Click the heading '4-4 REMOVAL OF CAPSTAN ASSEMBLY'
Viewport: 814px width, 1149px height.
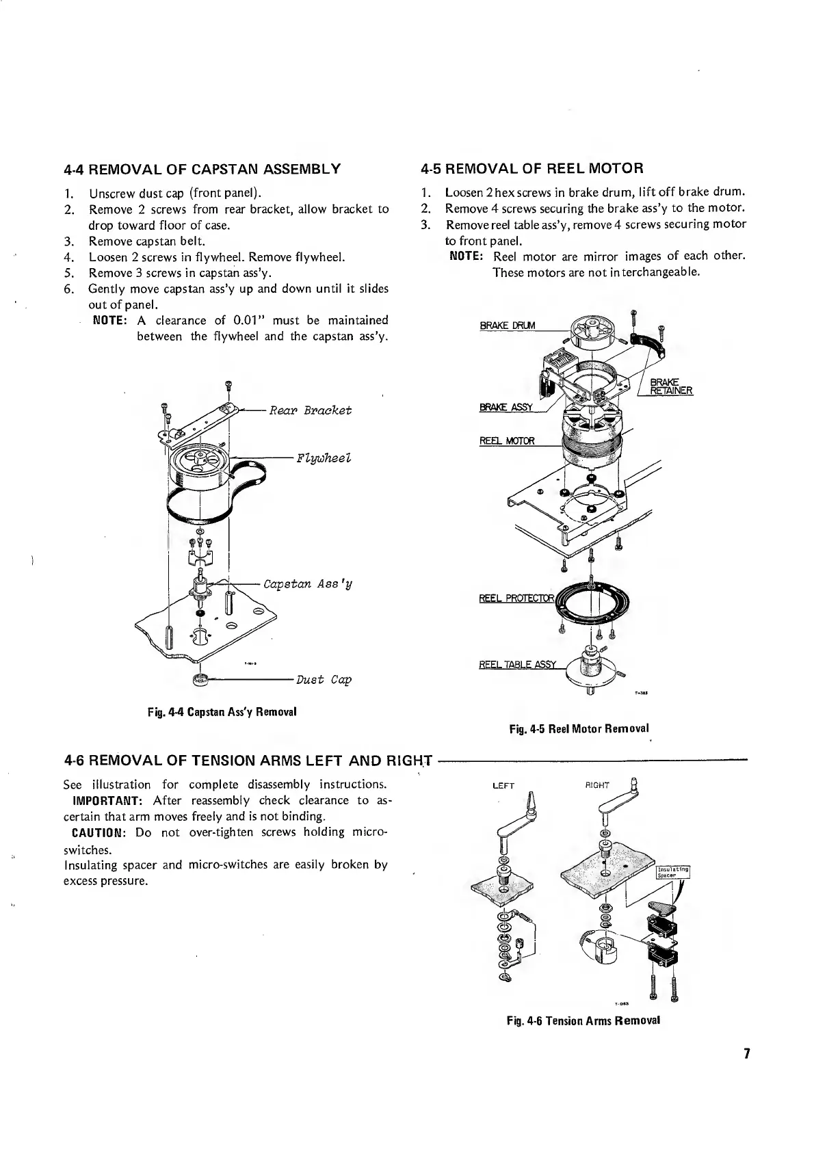[202, 169]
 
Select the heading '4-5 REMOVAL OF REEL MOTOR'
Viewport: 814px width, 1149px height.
[532, 168]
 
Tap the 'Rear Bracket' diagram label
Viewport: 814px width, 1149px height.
[310, 410]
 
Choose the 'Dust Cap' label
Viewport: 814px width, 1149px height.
[324, 680]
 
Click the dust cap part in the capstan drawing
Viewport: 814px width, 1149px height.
[200, 680]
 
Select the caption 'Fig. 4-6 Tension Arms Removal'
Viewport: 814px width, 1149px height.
[583, 1020]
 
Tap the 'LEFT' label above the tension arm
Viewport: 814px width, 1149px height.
[503, 786]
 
